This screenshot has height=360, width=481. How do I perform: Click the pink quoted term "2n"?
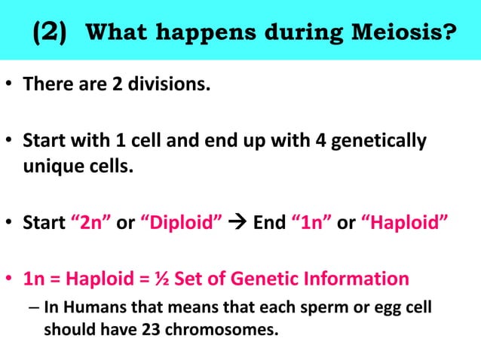point(93,224)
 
